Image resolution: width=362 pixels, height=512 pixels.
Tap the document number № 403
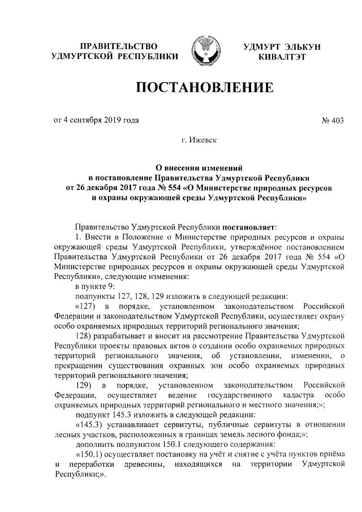[333, 119]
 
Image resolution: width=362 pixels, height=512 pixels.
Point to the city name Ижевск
[204, 138]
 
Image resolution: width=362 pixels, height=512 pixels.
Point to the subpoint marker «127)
[87, 306]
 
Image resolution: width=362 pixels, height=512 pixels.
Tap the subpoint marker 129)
[85, 386]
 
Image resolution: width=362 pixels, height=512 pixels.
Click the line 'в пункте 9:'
[93, 285]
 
